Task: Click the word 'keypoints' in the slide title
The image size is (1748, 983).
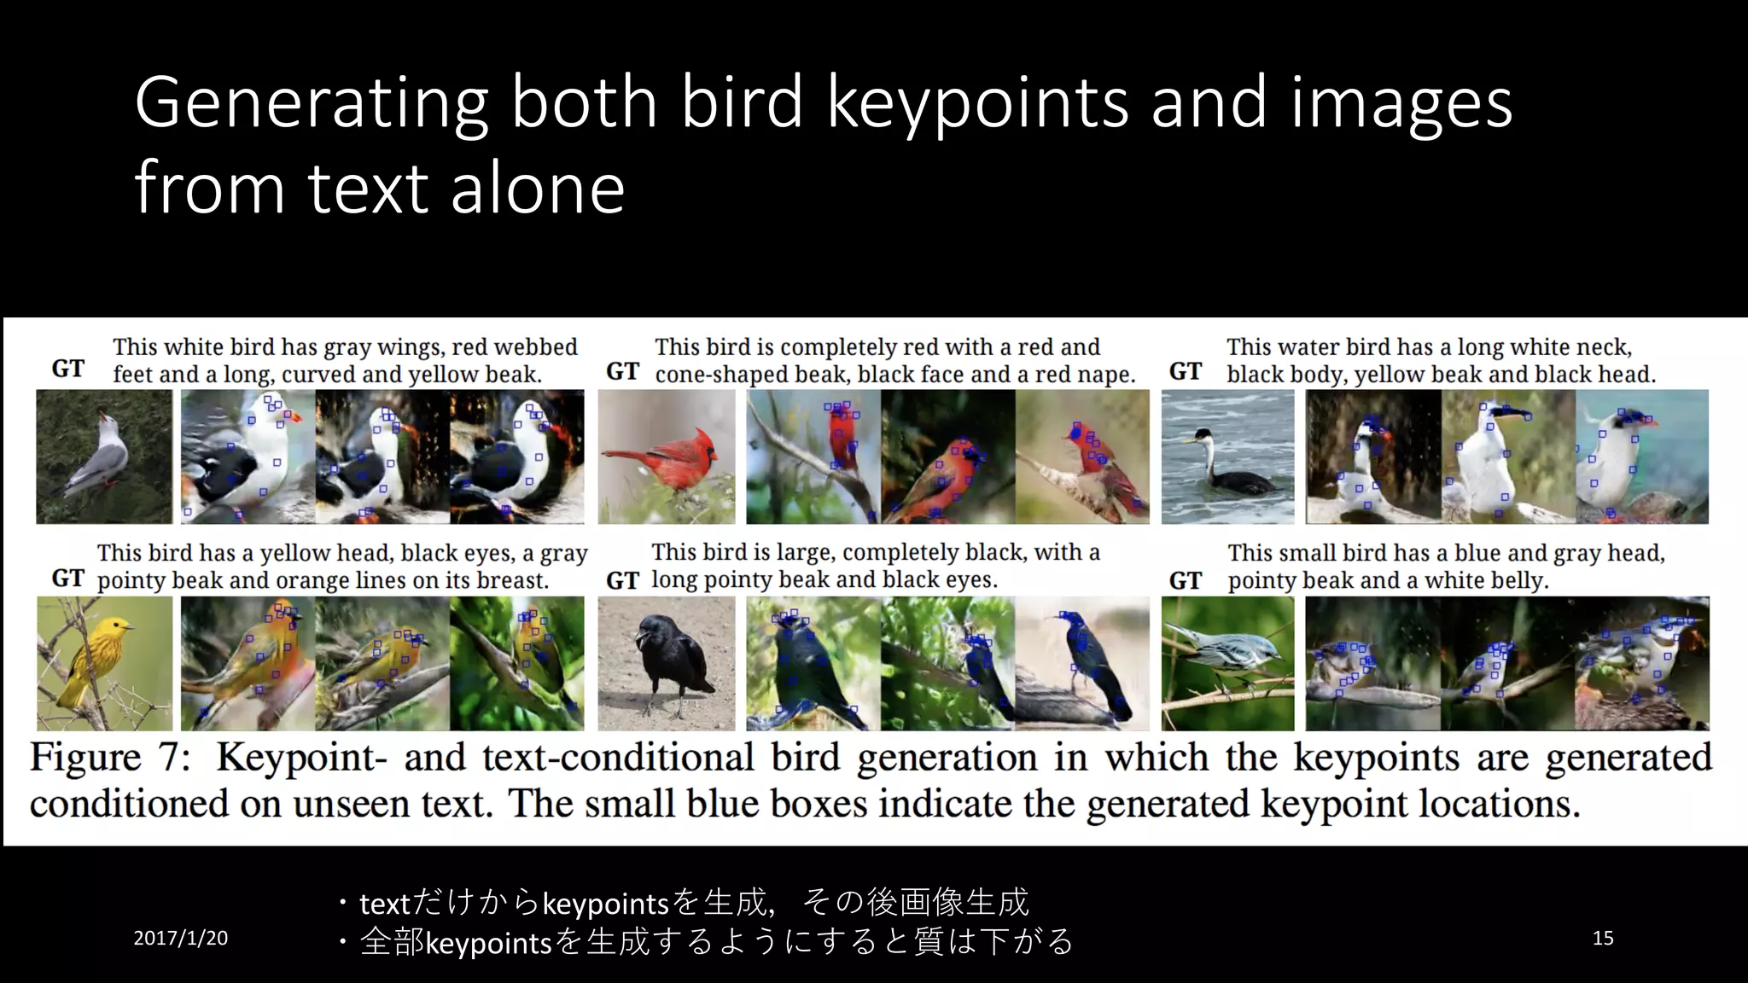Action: (978, 104)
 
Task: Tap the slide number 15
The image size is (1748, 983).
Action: (1603, 939)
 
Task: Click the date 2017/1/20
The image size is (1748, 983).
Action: (181, 939)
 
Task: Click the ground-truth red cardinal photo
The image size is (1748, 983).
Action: (666, 457)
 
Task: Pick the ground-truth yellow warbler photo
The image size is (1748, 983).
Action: (104, 663)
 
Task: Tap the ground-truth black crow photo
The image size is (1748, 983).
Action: (666, 663)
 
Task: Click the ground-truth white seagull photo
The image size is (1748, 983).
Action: (104, 457)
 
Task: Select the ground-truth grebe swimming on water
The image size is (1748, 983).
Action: (1227, 457)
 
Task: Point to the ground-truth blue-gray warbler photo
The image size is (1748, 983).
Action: (1227, 663)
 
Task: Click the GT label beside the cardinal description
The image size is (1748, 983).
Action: (622, 372)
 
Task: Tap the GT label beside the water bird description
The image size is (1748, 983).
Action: (1186, 372)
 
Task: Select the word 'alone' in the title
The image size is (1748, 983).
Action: (538, 189)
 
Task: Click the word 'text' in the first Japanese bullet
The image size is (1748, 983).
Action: (385, 904)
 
